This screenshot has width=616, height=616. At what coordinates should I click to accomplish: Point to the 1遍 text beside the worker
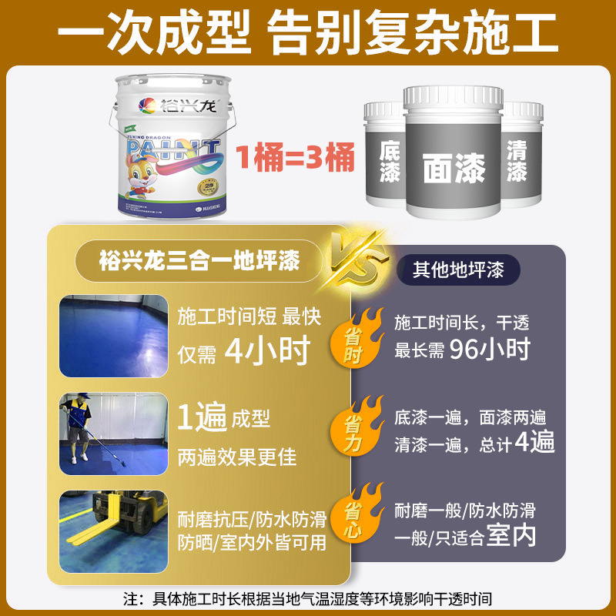point(202,419)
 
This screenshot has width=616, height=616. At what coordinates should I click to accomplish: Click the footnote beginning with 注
point(307,598)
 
